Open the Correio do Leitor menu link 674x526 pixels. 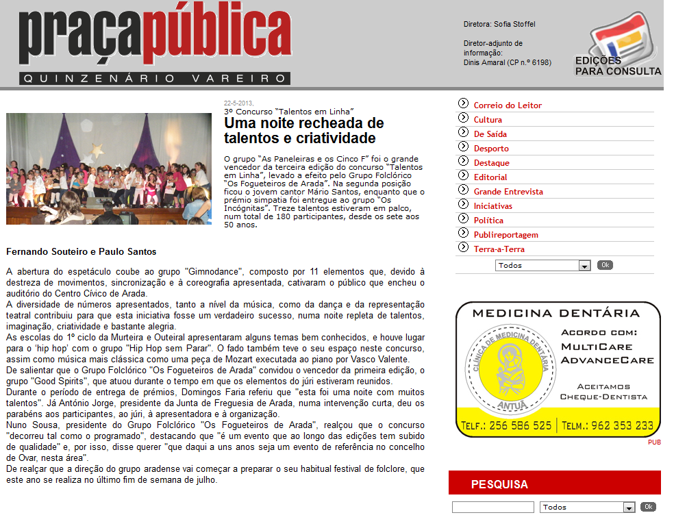(x=508, y=105)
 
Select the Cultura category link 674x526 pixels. (x=488, y=120)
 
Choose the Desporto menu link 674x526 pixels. (x=491, y=149)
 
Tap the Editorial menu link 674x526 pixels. (x=490, y=177)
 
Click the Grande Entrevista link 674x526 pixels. (x=508, y=192)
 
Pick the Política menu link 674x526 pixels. (x=488, y=221)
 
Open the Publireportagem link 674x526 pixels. (x=505, y=235)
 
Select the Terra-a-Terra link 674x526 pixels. (x=499, y=249)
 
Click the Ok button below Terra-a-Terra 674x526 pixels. (x=605, y=265)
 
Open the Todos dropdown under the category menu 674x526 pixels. (x=542, y=266)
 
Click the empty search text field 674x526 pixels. (x=492, y=508)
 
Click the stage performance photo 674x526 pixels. (x=109, y=168)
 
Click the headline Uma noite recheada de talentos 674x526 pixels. (x=303, y=131)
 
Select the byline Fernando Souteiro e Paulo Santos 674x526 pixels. (x=81, y=252)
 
